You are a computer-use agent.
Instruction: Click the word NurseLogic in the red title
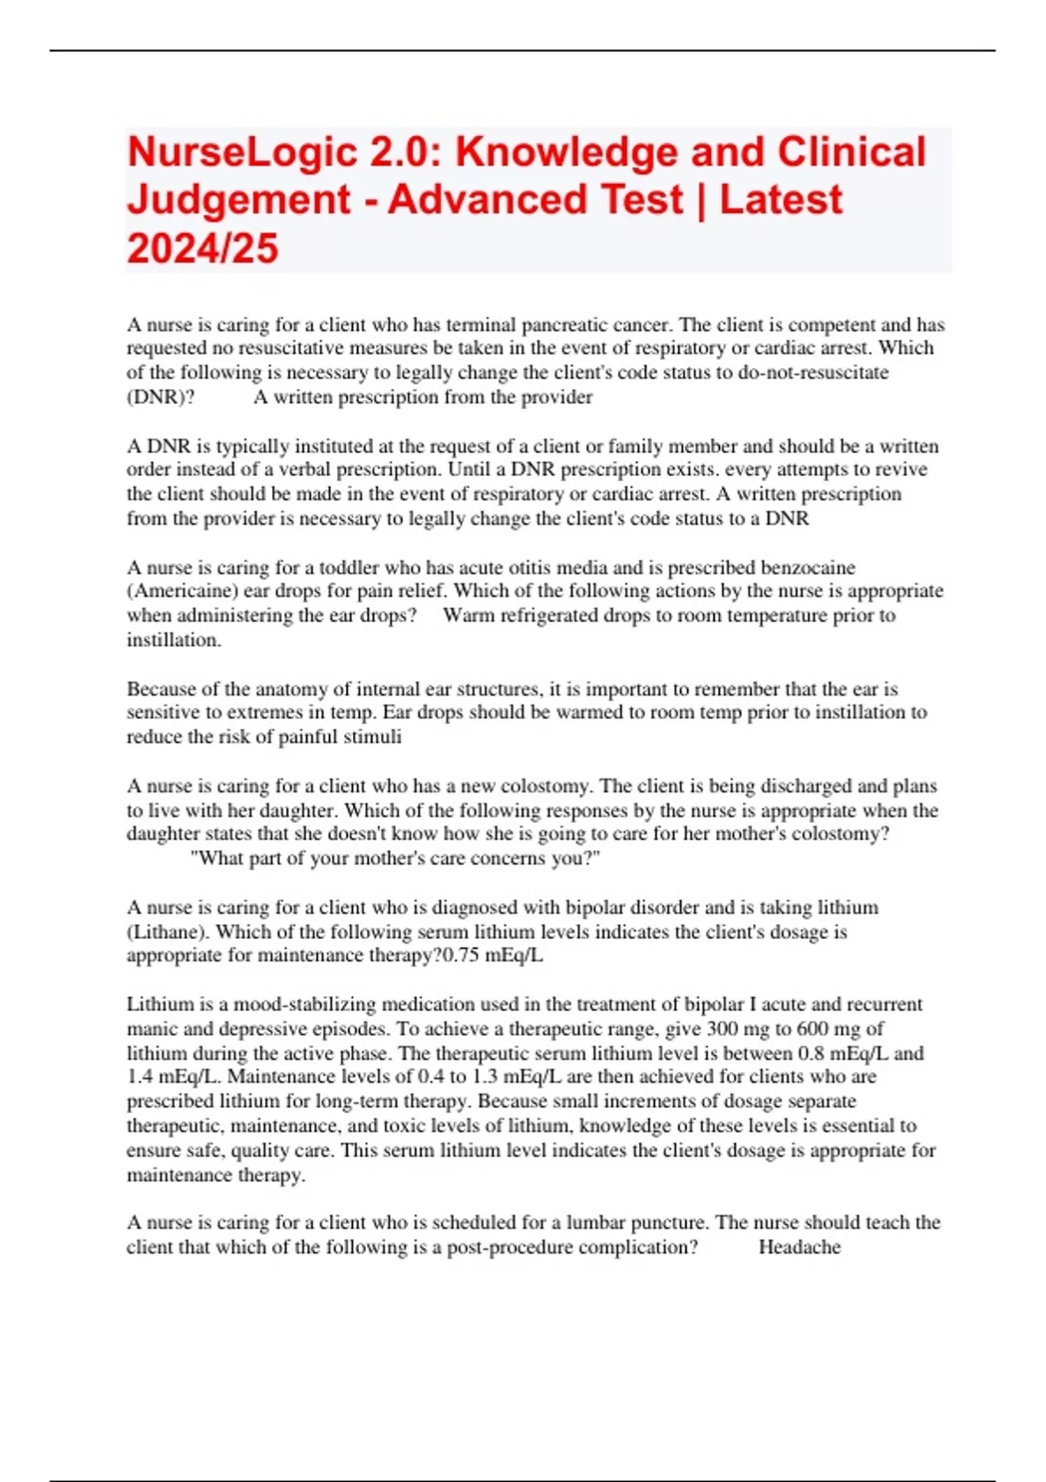click(x=241, y=153)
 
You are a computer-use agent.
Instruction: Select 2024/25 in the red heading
click(x=202, y=248)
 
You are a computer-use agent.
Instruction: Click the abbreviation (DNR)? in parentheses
click(x=161, y=398)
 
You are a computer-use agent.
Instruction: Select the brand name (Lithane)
click(x=167, y=932)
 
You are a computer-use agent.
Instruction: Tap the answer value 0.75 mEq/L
click(x=492, y=955)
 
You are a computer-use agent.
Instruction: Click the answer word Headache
click(x=799, y=1247)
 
